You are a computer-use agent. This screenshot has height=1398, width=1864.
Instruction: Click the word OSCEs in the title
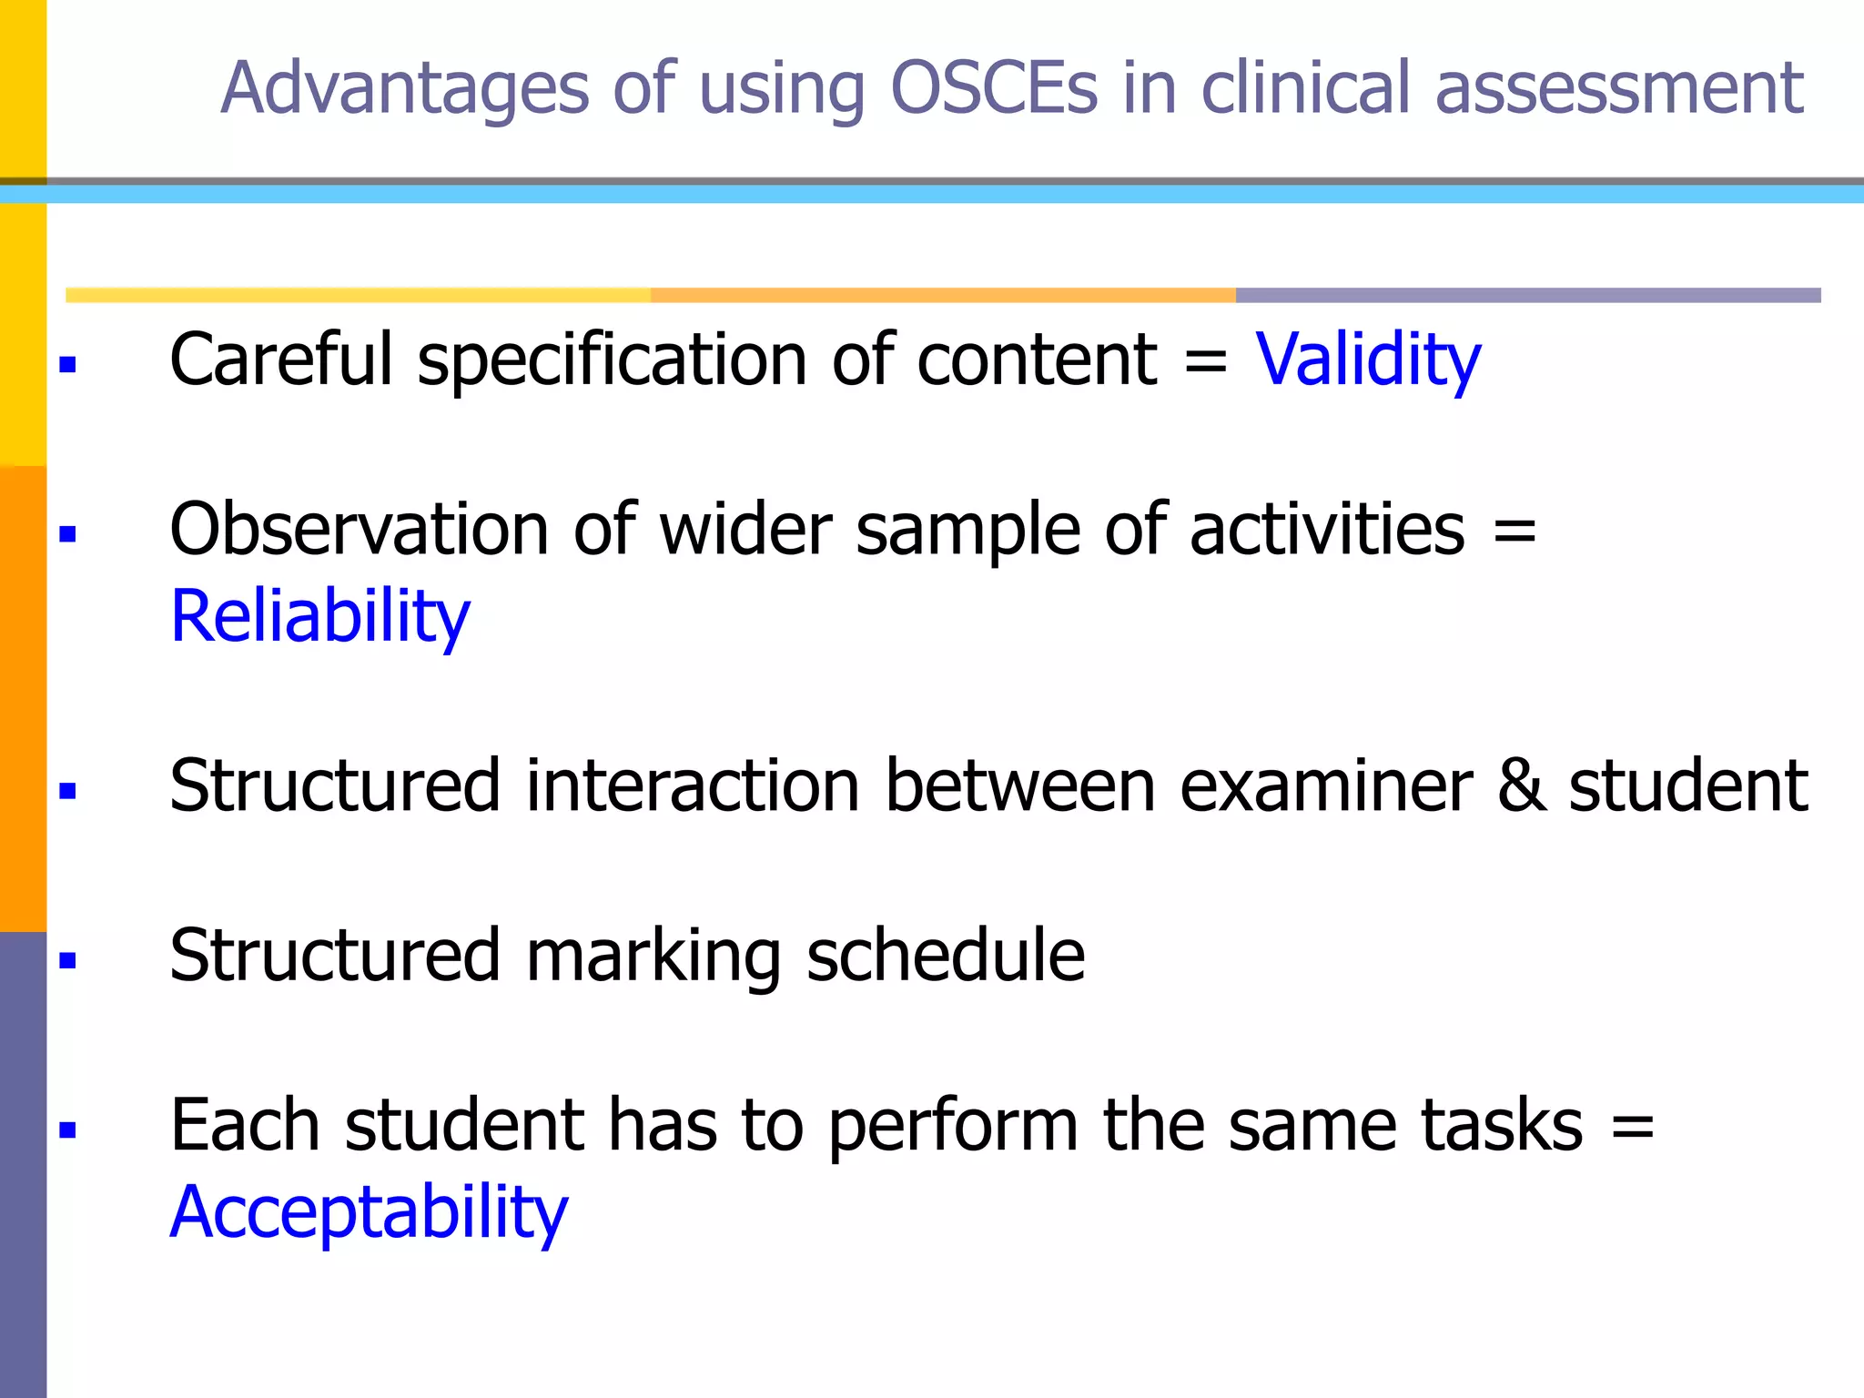994,88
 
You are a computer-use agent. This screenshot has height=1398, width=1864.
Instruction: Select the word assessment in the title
1619,88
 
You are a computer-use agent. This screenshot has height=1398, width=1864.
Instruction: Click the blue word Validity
1368,360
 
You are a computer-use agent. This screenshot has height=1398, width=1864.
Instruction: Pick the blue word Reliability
320,617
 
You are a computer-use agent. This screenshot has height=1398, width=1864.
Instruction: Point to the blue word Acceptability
369,1213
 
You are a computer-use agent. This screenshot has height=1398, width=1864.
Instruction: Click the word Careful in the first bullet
281,360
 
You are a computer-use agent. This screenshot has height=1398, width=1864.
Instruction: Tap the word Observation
360,530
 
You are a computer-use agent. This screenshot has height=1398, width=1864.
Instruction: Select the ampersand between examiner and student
1521,786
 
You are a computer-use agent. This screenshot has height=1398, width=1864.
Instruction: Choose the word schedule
945,956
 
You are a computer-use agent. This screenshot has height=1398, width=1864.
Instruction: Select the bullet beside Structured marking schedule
67,960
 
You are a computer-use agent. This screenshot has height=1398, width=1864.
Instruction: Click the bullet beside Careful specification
67,365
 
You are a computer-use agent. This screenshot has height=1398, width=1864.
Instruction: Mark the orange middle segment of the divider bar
942,295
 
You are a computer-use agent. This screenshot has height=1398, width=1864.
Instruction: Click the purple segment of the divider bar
1527,295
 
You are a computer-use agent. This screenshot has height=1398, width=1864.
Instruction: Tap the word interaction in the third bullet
693,786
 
